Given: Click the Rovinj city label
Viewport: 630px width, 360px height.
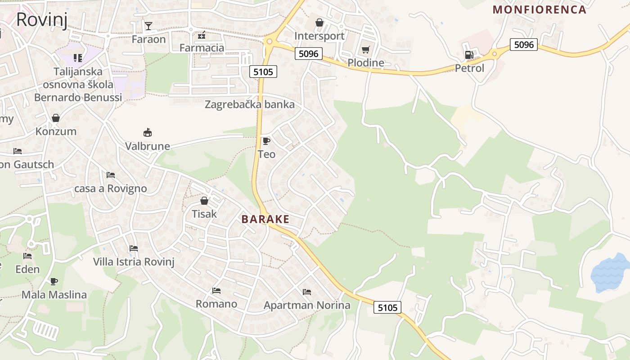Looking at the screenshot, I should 41,20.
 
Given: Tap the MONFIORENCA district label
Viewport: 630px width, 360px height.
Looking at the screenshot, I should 540,9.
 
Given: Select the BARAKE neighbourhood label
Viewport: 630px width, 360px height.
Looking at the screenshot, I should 265,219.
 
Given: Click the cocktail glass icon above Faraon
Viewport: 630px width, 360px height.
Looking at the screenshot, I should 148,26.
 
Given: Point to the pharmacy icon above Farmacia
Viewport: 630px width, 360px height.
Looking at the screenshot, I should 202,35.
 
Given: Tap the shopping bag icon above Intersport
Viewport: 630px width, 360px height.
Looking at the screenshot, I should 319,22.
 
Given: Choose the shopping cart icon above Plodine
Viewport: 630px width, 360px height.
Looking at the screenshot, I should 365,49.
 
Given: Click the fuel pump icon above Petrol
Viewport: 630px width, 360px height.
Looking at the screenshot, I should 469,55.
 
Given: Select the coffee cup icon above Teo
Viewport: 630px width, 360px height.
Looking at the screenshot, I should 266,141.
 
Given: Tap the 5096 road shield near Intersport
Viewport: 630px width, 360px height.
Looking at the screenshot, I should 308,54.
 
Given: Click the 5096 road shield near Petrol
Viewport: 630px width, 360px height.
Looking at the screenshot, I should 524,44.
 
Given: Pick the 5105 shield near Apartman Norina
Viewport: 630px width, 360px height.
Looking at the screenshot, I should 387,307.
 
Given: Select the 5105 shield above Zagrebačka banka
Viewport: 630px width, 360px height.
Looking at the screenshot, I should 263,71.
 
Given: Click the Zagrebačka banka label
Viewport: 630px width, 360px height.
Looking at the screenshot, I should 249,104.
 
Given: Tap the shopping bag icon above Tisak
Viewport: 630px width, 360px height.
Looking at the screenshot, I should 204,201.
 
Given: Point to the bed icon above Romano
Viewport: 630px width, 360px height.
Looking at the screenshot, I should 216,291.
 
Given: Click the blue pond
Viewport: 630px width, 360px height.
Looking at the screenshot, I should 610,272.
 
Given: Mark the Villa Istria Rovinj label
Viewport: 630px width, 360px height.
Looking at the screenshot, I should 134,261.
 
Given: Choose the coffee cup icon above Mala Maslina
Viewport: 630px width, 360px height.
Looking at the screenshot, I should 54,282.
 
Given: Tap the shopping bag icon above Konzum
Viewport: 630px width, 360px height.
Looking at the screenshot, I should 56,118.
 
